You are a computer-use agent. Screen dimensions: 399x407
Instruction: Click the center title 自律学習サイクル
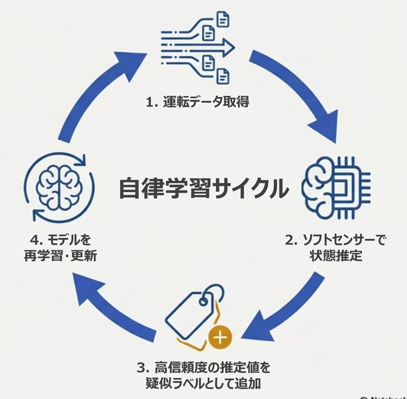pos(204,188)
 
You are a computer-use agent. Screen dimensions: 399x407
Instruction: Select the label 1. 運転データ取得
pos(197,102)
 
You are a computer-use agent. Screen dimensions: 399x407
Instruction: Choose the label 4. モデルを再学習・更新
pos(60,248)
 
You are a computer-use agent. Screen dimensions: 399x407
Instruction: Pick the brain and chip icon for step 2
pos(335,189)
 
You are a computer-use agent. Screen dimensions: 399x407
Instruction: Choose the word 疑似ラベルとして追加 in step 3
pos(203,383)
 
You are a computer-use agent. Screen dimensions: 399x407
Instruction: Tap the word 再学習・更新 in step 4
pos(60,256)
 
